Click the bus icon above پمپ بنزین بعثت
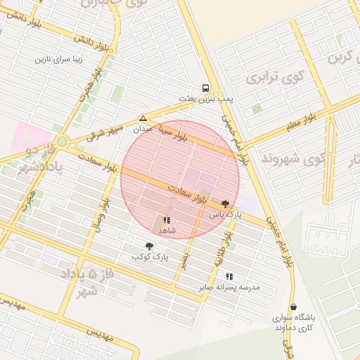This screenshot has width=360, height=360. tap(205, 89)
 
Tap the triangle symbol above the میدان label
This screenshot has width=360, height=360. tap(143, 118)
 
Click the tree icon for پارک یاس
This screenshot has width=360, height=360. tap(224, 202)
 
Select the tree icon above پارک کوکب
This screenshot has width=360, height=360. tap(149, 246)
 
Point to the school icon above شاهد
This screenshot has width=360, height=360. tap(167, 220)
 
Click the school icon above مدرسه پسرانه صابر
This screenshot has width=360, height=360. tap(229, 276)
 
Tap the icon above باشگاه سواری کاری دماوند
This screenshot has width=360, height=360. tap(293, 307)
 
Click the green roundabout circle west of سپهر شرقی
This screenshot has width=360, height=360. tap(62, 141)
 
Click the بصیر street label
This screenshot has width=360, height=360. tap(185, 262)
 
